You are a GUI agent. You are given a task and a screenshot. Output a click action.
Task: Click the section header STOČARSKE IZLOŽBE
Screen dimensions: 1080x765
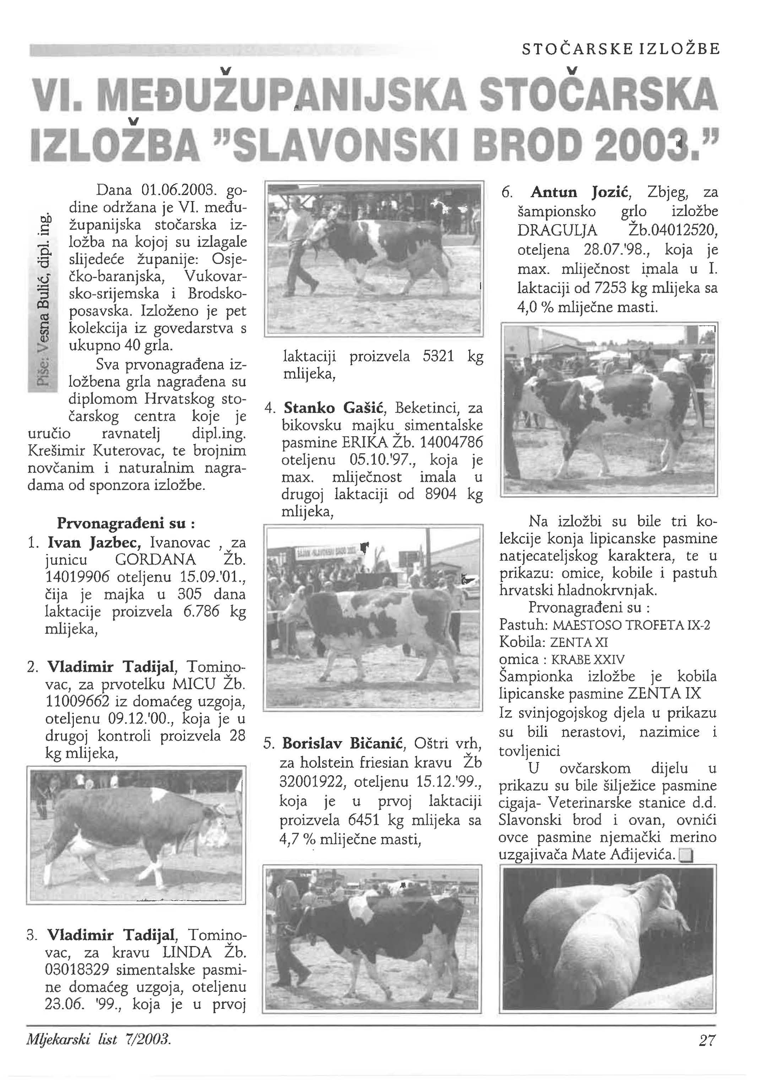click(621, 49)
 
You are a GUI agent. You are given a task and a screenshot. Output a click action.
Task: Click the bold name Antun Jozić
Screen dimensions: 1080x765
click(581, 193)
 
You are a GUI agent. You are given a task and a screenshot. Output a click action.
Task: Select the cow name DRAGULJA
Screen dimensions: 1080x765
click(557, 231)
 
